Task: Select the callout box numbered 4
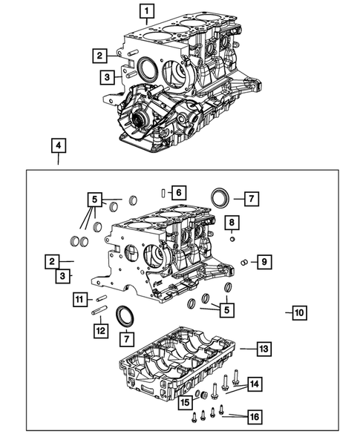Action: (58, 145)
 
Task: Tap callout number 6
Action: (178, 192)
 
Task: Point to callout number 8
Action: (232, 223)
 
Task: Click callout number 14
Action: (255, 383)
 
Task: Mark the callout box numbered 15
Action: (185, 401)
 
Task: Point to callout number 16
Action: (254, 418)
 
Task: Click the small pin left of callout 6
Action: (163, 193)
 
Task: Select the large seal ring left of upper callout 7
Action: (220, 198)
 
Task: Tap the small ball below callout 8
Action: (232, 239)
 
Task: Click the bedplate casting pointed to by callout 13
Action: (178, 364)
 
